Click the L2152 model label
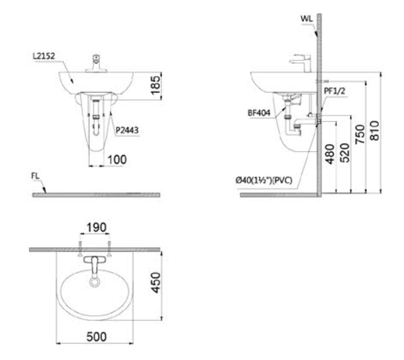point(44,56)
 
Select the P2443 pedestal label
point(127,131)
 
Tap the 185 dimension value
point(156,85)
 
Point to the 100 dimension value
point(117,160)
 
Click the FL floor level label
point(36,176)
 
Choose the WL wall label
point(307,19)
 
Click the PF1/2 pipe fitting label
point(335,91)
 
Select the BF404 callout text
point(259,113)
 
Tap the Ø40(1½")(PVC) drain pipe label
point(264,180)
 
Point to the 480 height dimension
point(330,154)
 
